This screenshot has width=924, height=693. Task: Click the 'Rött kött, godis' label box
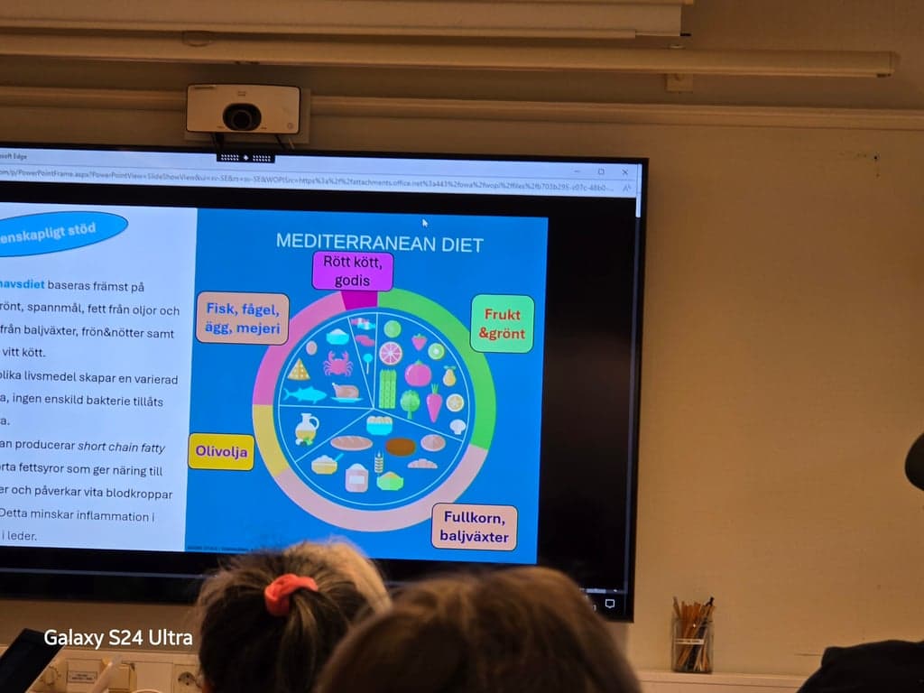pyautogui.click(x=353, y=271)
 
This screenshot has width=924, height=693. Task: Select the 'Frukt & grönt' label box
pyautogui.click(x=503, y=324)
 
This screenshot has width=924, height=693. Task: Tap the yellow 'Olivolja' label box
pyautogui.click(x=221, y=451)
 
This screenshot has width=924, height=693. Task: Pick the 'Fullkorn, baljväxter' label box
pyautogui.click(x=475, y=528)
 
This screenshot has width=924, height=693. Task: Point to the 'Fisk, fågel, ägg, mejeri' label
pyautogui.click(x=242, y=318)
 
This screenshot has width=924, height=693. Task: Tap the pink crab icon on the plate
pyautogui.click(x=337, y=364)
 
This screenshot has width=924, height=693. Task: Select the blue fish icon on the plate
pyautogui.click(x=304, y=394)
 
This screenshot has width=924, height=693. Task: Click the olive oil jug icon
pyautogui.click(x=307, y=429)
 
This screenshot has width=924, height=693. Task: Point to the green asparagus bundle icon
pyautogui.click(x=387, y=388)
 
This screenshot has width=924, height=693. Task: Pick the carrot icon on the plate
pyautogui.click(x=434, y=403)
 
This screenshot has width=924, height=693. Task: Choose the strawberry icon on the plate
pyautogui.click(x=420, y=342)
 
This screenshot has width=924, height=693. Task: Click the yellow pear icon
pyautogui.click(x=449, y=375)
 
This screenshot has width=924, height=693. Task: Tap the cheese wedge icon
pyautogui.click(x=299, y=369)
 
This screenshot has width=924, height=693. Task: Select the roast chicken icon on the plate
pyautogui.click(x=346, y=392)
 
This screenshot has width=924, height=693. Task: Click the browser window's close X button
pyautogui.click(x=624, y=171)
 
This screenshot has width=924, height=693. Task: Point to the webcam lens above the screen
pyautogui.click(x=242, y=117)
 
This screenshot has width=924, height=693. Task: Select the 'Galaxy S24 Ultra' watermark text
pyautogui.click(x=118, y=638)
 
